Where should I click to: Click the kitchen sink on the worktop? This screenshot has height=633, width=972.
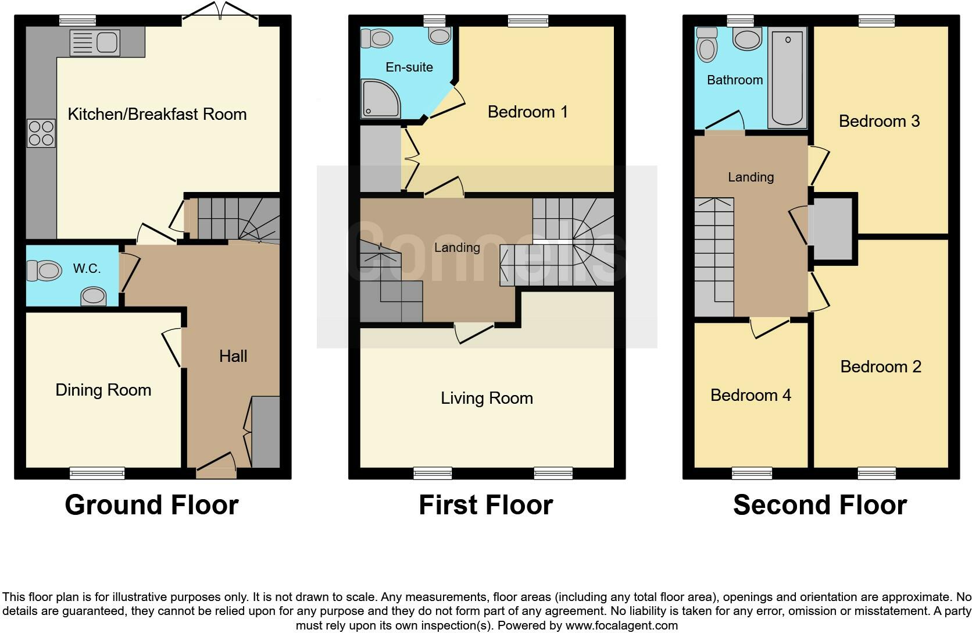(95, 43)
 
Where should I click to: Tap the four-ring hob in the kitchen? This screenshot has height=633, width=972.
(41, 133)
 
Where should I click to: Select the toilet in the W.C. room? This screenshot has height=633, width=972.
(44, 271)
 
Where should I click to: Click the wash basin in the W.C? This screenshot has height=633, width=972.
(94, 297)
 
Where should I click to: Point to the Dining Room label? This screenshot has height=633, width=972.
(103, 390)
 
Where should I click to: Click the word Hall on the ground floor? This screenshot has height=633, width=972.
(233, 356)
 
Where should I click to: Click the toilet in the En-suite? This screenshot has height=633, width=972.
(376, 39)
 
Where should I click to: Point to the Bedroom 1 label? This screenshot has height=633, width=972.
(527, 112)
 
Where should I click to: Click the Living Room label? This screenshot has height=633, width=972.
(487, 398)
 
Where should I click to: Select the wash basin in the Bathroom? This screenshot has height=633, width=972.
(747, 40)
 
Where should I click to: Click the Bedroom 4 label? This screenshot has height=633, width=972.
(751, 395)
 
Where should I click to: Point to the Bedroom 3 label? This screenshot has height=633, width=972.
(879, 121)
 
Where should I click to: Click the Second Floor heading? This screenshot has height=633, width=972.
(820, 504)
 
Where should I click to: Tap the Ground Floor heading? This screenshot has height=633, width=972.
(152, 504)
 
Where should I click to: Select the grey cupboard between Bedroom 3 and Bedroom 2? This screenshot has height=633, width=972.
(833, 229)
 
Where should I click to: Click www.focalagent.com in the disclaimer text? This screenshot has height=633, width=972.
(621, 626)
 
